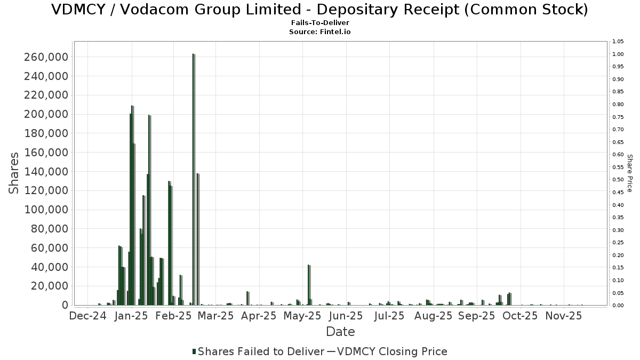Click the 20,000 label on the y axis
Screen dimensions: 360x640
[x=48, y=286]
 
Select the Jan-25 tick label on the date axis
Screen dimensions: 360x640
[x=131, y=316]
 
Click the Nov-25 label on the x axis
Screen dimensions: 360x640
[x=564, y=316]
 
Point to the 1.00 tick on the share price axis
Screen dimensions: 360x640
[x=618, y=54]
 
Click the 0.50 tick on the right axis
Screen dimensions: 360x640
[x=618, y=180]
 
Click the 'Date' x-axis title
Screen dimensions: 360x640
[x=340, y=332]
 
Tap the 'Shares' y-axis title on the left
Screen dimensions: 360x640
[x=14, y=173]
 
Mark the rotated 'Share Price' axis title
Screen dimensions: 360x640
[x=630, y=173]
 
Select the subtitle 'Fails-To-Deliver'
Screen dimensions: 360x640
[x=320, y=23]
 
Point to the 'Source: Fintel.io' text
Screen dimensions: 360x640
[x=320, y=32]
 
